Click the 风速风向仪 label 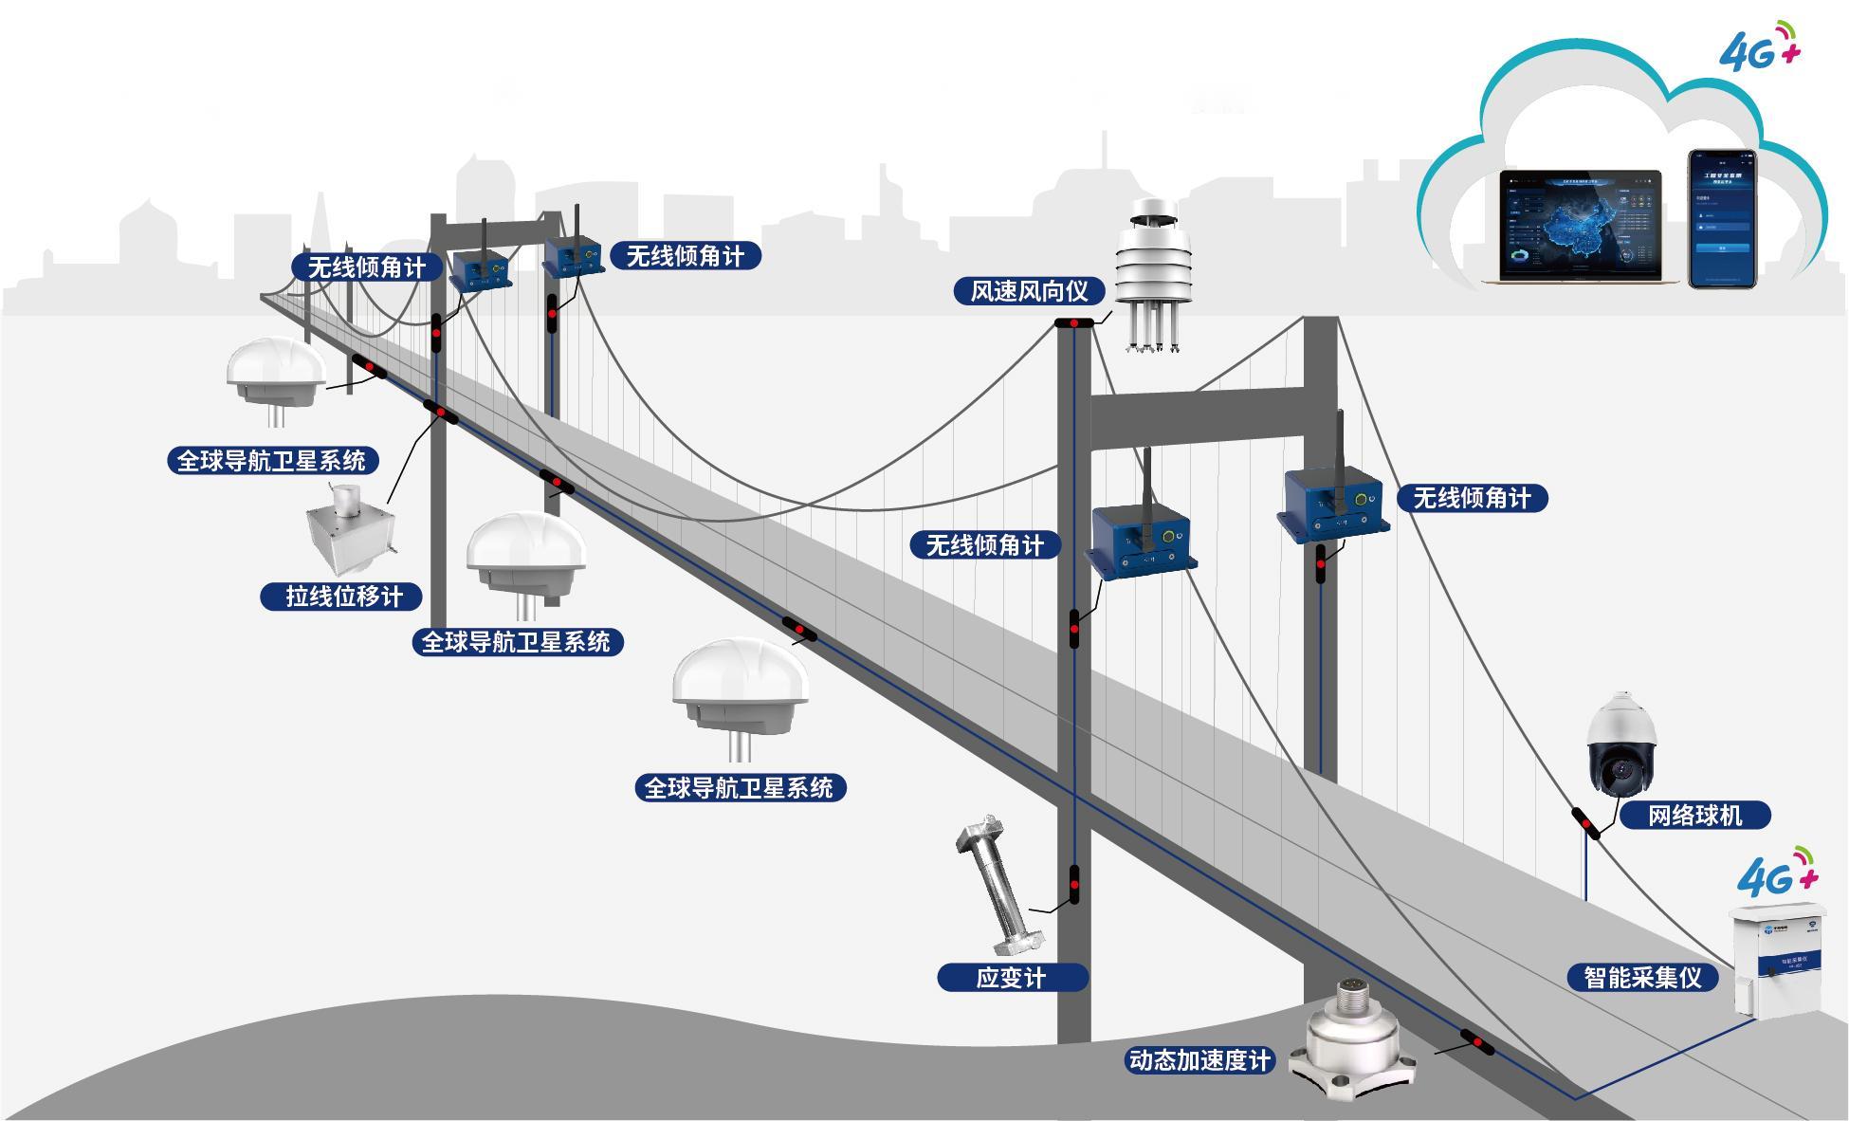[1029, 291]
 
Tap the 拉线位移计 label [343, 597]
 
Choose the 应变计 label [1011, 978]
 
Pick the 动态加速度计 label [1199, 1060]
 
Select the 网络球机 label [1694, 816]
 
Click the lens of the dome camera [1618, 770]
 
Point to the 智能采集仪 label [1642, 978]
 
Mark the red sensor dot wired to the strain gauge [1074, 885]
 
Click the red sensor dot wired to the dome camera [1585, 823]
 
